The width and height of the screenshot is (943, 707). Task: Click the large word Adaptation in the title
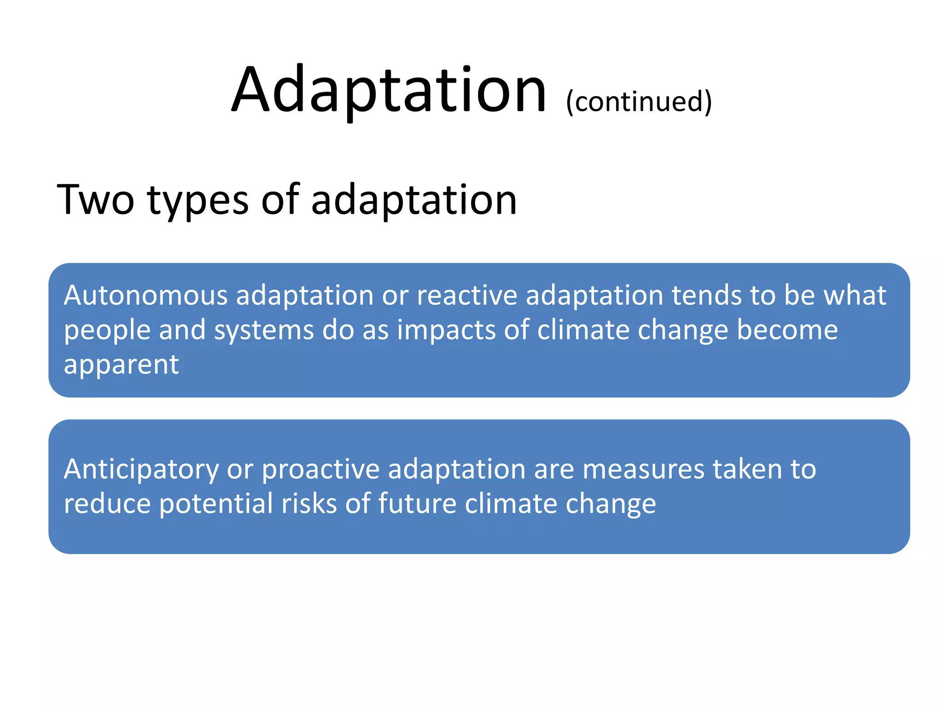(389, 90)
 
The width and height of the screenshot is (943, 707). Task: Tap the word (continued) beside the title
(639, 101)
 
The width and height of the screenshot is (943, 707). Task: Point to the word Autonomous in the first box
(146, 295)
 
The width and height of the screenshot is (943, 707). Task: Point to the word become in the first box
(787, 330)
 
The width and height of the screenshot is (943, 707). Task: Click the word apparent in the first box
(121, 365)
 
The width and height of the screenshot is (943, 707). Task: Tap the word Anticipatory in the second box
(141, 470)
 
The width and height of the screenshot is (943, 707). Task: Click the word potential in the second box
(216, 504)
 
